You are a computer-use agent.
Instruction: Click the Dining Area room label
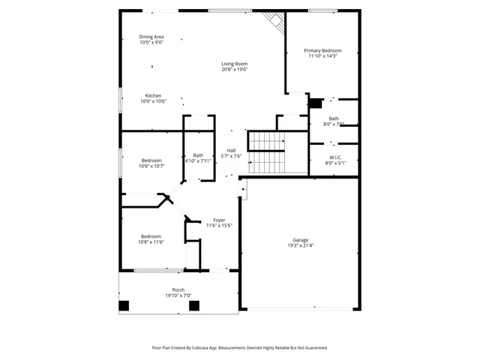[x=151, y=37]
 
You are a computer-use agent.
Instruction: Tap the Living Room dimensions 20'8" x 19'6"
[x=235, y=70]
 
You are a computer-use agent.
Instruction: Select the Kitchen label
[x=153, y=95]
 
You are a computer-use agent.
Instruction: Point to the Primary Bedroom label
[x=322, y=50]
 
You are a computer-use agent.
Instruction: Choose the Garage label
[x=300, y=240]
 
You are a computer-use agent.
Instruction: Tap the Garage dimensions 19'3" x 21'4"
[x=300, y=246]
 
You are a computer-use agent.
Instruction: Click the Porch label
[x=178, y=289]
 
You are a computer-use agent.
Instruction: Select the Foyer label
[x=220, y=220]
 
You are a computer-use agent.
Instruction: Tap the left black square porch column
[x=124, y=306]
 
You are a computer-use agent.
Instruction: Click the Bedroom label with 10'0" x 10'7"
[x=152, y=160]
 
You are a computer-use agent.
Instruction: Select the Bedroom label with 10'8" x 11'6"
[x=151, y=236]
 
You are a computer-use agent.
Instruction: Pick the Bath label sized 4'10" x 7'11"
[x=197, y=155]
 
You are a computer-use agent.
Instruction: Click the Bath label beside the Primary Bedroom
[x=333, y=118]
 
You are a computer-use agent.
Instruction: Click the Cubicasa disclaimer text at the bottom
[x=240, y=347]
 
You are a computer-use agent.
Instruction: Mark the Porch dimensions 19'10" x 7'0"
[x=178, y=295]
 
